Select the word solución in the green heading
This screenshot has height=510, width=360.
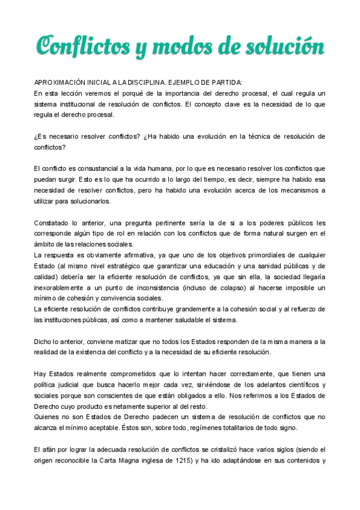click(x=284, y=46)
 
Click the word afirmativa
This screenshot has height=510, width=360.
click(x=129, y=256)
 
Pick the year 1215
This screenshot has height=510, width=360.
click(x=183, y=461)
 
